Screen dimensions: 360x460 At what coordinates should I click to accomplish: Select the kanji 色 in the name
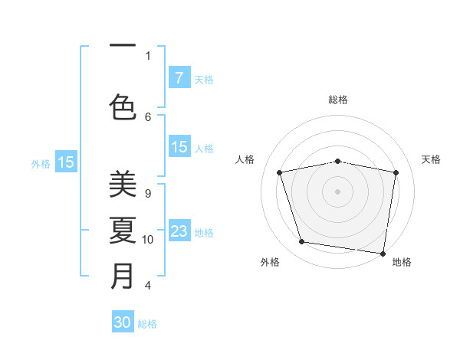point(123,106)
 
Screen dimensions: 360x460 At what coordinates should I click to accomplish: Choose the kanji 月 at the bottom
point(123,276)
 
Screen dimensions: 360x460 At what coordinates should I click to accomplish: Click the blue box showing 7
point(179,77)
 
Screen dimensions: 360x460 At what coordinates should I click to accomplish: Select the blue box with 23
point(179,231)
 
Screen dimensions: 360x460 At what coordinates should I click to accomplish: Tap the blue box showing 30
point(123,322)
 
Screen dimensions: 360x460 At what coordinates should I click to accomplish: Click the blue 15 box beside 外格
point(66,162)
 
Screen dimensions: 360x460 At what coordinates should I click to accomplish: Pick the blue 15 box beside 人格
point(179,147)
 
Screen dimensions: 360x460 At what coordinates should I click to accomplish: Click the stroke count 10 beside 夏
point(148,240)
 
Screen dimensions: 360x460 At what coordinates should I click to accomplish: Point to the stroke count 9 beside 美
point(148,194)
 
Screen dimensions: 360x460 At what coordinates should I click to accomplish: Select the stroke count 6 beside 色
point(148,116)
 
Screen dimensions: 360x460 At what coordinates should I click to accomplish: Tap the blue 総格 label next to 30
point(148,324)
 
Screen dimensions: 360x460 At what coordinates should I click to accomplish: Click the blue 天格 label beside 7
point(204,79)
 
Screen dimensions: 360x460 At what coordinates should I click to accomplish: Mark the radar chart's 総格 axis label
point(338,100)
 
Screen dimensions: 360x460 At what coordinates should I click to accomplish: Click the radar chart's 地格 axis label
point(402,263)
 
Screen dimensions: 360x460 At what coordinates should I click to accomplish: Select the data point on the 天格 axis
point(396,172)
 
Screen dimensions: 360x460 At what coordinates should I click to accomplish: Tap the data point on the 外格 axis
point(302,242)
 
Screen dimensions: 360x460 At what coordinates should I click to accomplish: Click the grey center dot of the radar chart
point(337,191)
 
